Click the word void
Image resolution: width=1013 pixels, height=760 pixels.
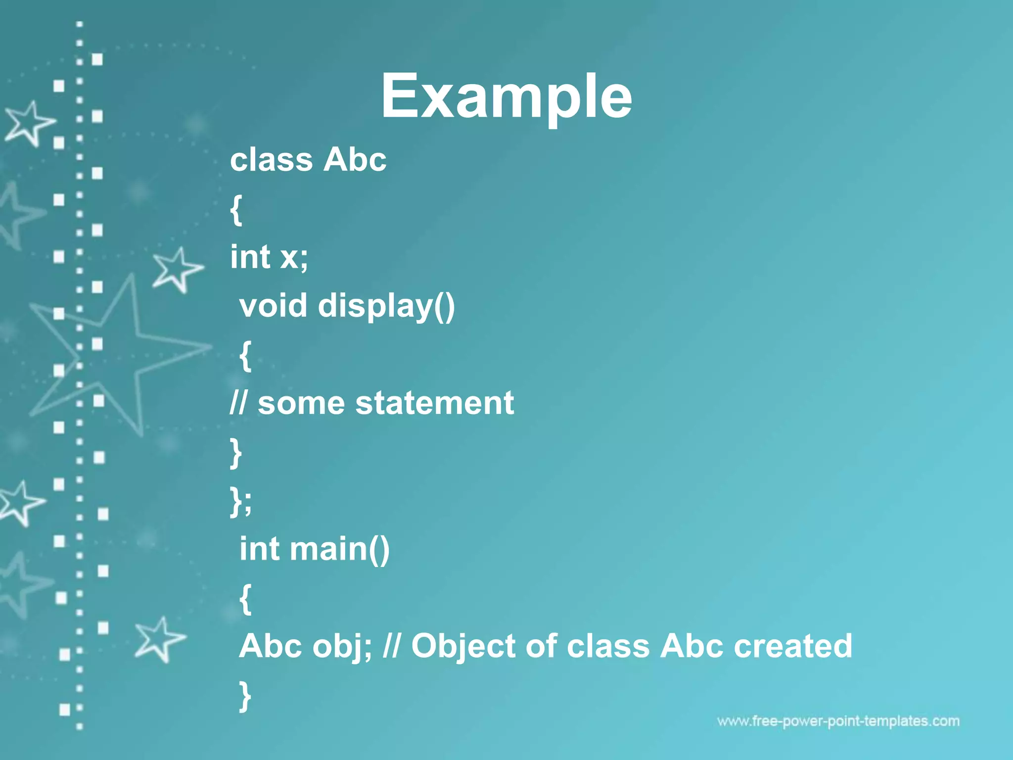click(273, 305)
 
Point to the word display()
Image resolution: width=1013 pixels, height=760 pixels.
click(386, 306)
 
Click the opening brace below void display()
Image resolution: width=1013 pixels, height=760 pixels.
click(245, 355)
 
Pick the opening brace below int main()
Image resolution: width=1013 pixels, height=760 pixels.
click(245, 598)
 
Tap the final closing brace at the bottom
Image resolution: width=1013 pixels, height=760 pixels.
click(245, 695)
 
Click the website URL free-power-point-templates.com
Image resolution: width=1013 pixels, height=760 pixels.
click(838, 721)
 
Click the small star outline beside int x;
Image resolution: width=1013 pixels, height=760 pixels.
click(177, 269)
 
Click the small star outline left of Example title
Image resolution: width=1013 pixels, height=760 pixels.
click(29, 123)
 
